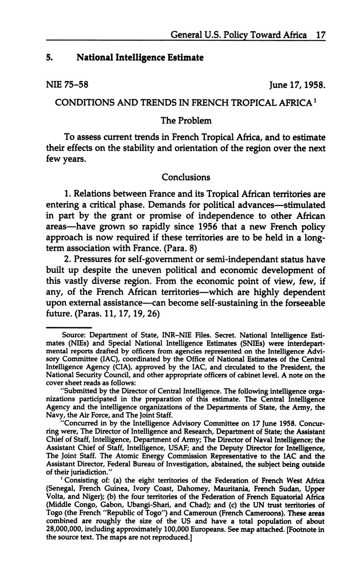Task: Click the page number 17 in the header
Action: point(320,35)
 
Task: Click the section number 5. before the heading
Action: point(50,57)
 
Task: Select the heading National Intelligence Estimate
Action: point(140,57)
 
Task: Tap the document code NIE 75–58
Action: point(67,84)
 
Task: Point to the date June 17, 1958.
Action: point(297,85)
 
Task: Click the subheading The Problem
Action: point(186,121)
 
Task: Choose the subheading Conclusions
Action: point(186,177)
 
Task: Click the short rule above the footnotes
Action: point(69,327)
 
